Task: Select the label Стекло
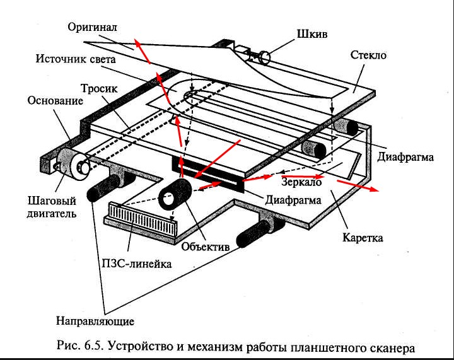pyautogui.click(x=368, y=55)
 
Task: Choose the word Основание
pyautogui.click(x=55, y=101)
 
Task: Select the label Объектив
pyautogui.click(x=205, y=247)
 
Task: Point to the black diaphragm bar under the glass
pyautogui.click(x=208, y=175)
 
